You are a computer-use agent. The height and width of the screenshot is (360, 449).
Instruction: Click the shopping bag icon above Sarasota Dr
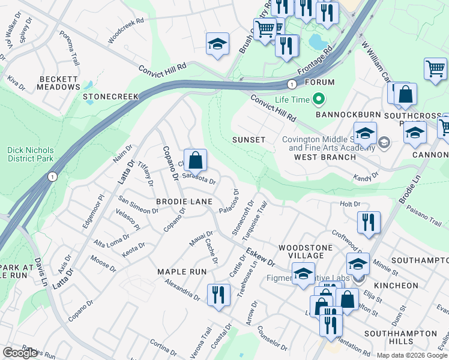[195, 161]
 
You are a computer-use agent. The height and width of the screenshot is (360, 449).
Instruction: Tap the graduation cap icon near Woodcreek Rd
[217, 44]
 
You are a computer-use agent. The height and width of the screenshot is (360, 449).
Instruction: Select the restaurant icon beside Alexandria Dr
[217, 295]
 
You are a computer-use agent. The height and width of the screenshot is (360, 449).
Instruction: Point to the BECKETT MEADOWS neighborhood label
[59, 83]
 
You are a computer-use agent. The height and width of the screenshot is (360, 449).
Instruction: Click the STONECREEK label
[111, 96]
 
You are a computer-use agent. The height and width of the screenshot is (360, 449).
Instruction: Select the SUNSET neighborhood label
[249, 140]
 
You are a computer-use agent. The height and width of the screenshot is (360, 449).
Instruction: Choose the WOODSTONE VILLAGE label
[301, 251]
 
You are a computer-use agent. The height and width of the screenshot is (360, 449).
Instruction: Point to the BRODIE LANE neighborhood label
[181, 203]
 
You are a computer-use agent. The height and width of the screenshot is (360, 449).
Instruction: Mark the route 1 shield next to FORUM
[291, 83]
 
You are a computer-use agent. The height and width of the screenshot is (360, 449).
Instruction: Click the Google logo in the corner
[20, 353]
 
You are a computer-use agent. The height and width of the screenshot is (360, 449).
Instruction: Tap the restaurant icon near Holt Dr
[368, 223]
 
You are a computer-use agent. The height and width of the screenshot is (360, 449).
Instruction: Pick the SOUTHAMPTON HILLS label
[396, 337]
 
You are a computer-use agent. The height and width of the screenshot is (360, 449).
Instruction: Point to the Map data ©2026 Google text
[411, 355]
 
